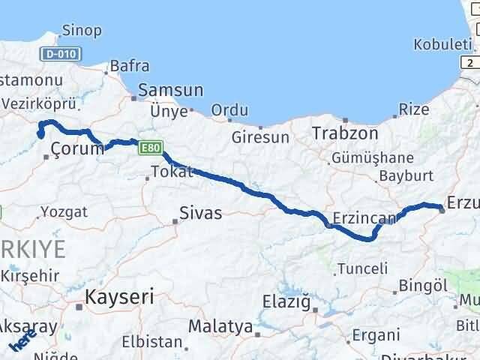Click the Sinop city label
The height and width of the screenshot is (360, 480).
coord(83,31)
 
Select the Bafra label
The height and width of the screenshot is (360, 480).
coord(130,66)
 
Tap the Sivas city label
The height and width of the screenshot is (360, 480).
coord(202,213)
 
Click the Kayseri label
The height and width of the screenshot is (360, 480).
coord(119,296)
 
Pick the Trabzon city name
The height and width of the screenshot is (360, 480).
coord(345,133)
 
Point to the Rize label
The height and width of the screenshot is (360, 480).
coord(414,109)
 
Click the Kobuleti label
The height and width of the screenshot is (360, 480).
coord(442,44)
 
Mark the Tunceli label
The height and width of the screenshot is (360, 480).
coord(363,268)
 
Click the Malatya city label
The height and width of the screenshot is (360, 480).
coord(220,326)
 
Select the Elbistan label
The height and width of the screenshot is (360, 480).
coord(157,342)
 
